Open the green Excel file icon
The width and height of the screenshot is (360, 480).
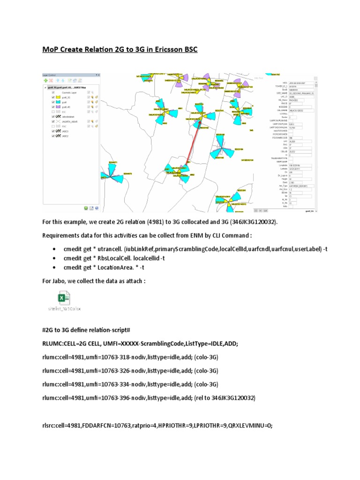64,298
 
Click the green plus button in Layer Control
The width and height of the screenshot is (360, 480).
45,81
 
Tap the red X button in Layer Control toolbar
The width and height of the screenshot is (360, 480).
51,81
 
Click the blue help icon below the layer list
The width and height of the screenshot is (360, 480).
97,208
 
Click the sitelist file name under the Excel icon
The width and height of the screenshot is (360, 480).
65,309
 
